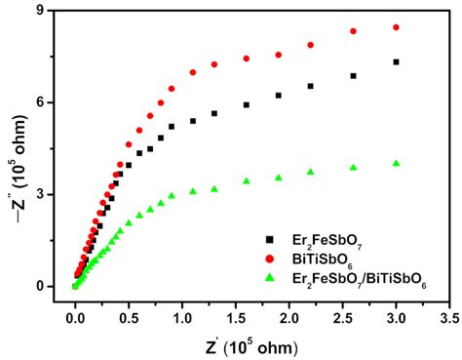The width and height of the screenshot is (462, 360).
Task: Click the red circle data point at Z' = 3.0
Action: tap(396, 27)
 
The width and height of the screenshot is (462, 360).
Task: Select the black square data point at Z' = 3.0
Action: tap(396, 61)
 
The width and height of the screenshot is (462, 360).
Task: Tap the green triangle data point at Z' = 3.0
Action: tap(396, 163)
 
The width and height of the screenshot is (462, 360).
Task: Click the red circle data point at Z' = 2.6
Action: tap(354, 31)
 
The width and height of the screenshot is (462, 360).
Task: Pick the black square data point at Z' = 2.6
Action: tap(354, 75)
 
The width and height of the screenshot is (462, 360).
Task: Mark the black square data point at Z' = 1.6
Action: tap(247, 104)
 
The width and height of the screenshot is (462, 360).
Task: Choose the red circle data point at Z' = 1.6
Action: tap(247, 59)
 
